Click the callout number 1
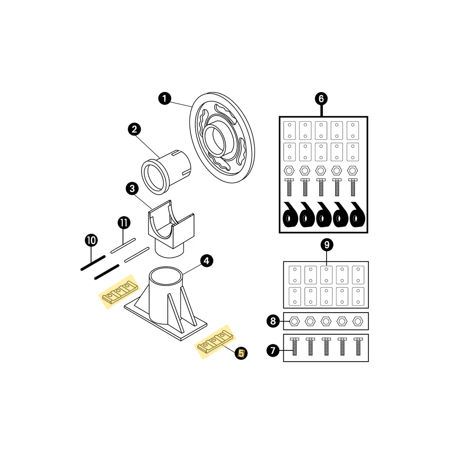click(165, 99)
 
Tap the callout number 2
click(134, 129)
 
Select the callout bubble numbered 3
click(132, 189)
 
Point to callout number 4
click(207, 261)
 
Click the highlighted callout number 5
click(241, 353)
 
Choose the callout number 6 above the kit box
click(321, 99)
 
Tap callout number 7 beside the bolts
click(273, 350)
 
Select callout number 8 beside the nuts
click(273, 321)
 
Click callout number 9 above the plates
click(327, 245)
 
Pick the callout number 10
click(91, 240)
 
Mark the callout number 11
click(124, 223)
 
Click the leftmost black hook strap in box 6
click(290, 215)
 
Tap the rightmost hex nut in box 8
click(358, 321)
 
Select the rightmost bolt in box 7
click(358, 346)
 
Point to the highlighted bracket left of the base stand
click(119, 292)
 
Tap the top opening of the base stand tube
click(166, 275)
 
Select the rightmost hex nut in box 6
click(353, 170)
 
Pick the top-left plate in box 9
click(295, 275)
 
